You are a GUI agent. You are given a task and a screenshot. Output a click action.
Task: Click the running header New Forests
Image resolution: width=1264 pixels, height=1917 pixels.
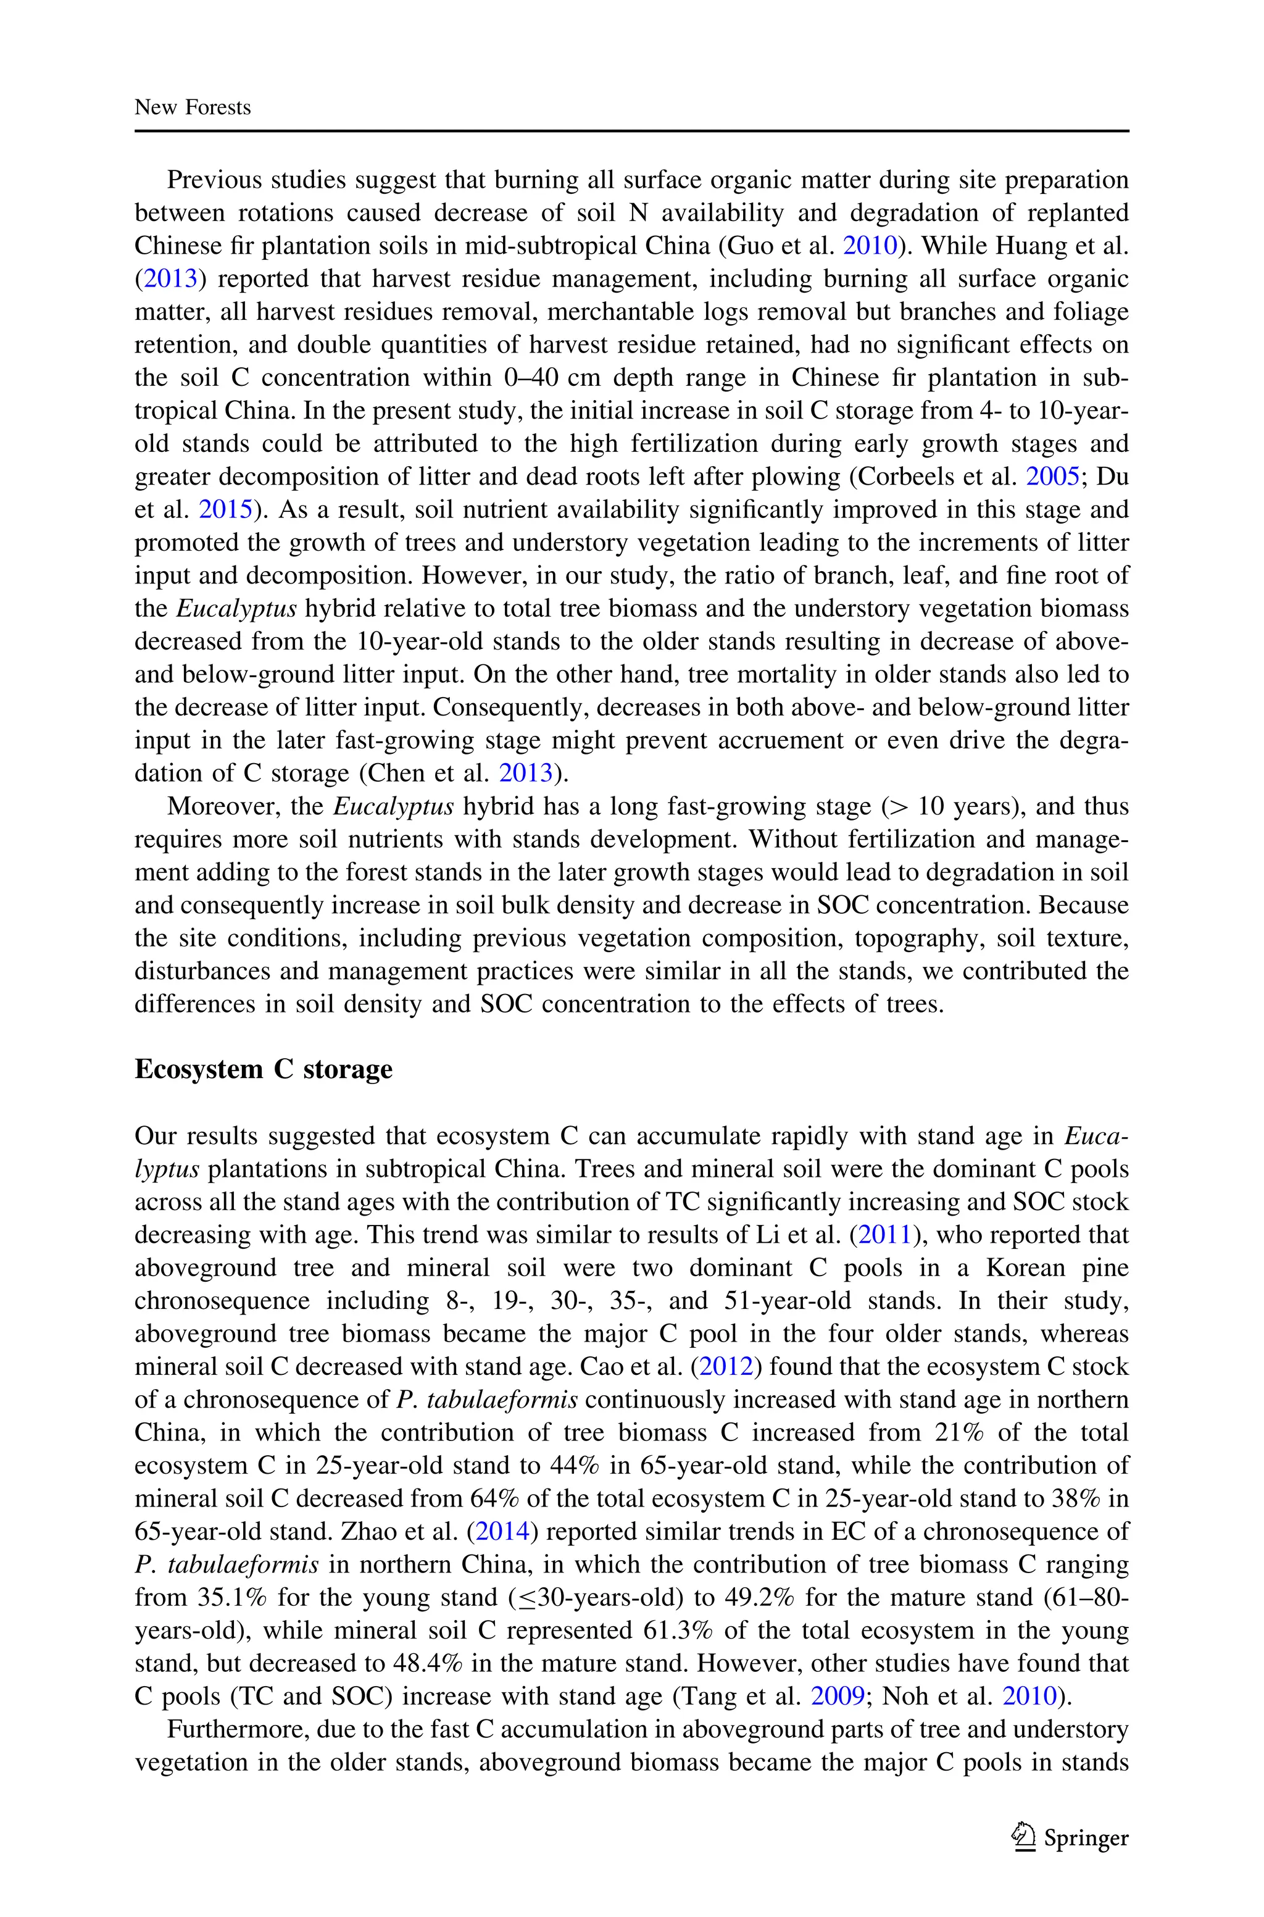[x=193, y=107]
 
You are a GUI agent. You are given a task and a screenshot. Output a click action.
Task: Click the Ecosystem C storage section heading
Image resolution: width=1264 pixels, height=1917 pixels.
[x=263, y=1069]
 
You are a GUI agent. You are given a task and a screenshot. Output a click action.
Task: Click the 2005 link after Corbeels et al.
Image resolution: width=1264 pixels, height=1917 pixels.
[x=1052, y=477]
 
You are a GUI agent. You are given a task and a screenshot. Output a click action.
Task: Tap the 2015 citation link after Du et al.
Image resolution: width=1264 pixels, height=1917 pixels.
[x=225, y=509]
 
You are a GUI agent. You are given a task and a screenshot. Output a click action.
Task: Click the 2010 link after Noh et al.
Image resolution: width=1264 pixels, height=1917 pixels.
[x=1029, y=1696]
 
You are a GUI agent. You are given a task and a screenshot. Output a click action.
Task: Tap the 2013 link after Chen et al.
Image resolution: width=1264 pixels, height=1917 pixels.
[x=526, y=773]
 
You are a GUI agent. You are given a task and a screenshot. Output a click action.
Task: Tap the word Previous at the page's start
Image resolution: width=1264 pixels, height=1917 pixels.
[x=213, y=179]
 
